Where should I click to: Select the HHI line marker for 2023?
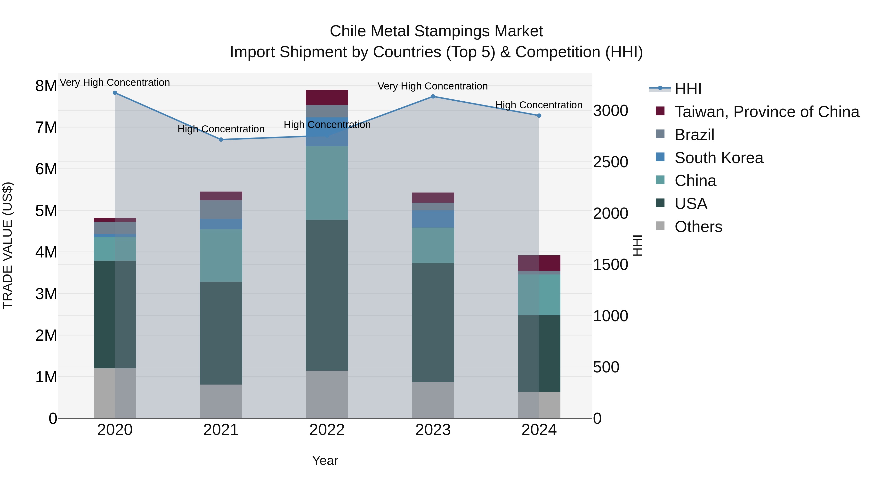click(433, 97)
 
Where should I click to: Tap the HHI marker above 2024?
click(539, 116)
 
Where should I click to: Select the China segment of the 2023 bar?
click(433, 245)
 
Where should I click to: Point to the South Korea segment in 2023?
click(433, 219)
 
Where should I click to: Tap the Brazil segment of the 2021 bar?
click(221, 209)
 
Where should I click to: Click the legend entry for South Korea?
click(719, 158)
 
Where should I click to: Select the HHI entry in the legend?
click(688, 89)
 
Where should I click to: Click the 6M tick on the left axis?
click(46, 169)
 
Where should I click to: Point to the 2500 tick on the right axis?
click(610, 162)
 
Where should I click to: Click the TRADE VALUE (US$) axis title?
click(8, 245)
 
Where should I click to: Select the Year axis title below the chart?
click(325, 460)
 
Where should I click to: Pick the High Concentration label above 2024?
click(539, 105)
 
